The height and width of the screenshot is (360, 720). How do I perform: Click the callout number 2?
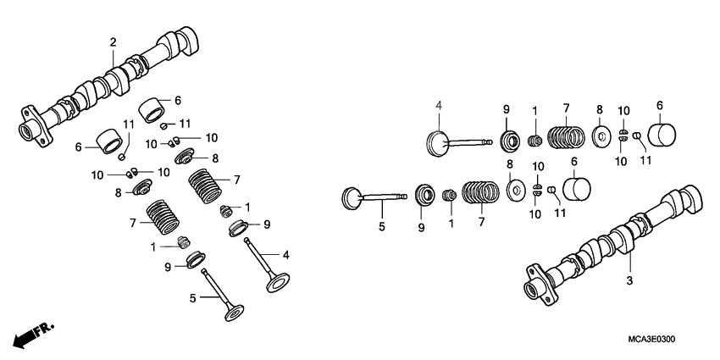(113, 42)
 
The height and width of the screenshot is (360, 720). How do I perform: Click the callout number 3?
(629, 280)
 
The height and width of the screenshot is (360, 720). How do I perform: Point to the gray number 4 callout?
(439, 106)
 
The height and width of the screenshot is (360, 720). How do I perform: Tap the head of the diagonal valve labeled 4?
(279, 282)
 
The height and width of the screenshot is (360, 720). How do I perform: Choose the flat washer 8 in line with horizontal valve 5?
(514, 191)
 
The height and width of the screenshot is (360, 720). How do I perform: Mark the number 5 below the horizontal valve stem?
(381, 227)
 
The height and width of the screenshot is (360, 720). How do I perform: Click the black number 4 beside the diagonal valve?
(286, 254)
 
